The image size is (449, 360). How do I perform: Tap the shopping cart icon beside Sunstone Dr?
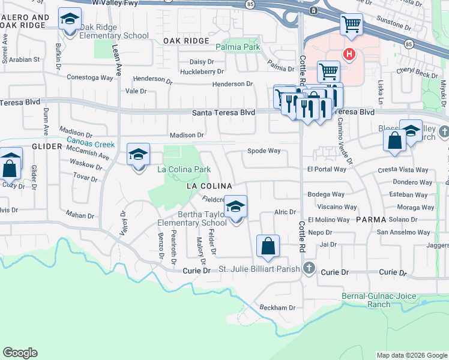point(351,25)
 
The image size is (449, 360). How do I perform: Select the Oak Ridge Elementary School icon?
point(70,21)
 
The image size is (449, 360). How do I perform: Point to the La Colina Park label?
point(184,170)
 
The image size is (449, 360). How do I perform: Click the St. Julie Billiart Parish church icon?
point(310,269)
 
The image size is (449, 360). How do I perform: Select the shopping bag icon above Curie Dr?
point(268,245)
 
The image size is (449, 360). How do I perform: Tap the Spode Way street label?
point(264,151)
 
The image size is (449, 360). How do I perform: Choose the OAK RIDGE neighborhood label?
point(185,41)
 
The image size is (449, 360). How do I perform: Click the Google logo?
point(20,353)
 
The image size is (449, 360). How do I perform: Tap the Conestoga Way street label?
point(89,77)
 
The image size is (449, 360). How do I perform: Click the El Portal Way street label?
point(327,169)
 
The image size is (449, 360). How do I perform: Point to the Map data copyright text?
point(411,355)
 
